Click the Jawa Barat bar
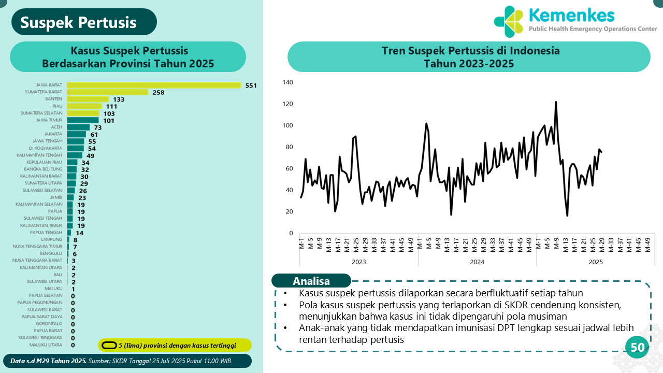pyautogui.click(x=154, y=85)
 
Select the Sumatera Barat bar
pyautogui.click(x=108, y=92)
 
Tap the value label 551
pyautogui.click(x=251, y=85)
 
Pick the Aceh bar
pyautogui.click(x=78, y=127)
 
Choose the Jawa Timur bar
pyautogui.click(x=82, y=120)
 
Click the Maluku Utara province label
pyautogui.click(x=46, y=345)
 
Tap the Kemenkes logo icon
pyautogui.click(x=509, y=22)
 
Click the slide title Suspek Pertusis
pyautogui.click(x=79, y=22)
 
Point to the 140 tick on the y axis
pyautogui.click(x=288, y=82)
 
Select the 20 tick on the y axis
pyautogui.click(x=290, y=212)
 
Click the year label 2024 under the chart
pyautogui.click(x=477, y=262)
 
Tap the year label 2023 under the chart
pyautogui.click(x=358, y=262)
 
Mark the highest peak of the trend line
pyautogui.click(x=556, y=102)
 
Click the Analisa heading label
pyautogui.click(x=311, y=281)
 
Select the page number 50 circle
pyautogui.click(x=638, y=348)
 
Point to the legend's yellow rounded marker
pyautogui.click(x=109, y=345)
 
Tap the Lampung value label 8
pyautogui.click(x=76, y=240)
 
